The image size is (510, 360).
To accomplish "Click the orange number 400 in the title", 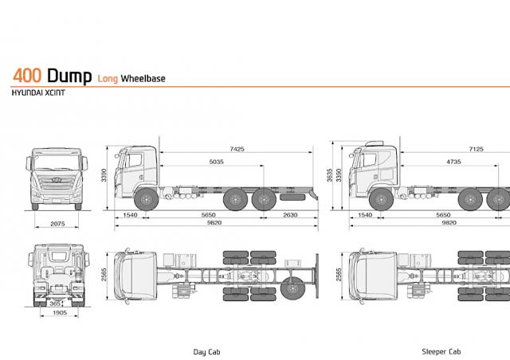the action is [27, 76].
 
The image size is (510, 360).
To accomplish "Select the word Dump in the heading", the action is [69, 76].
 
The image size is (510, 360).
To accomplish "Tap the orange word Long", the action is [108, 79].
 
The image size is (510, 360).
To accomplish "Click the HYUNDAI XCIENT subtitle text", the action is [38, 92].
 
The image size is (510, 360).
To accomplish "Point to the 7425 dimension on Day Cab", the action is [237, 149].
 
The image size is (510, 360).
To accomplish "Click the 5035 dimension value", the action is [216, 162].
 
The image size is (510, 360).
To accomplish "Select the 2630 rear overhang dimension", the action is [290, 215].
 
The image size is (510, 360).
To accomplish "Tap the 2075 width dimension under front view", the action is [57, 224].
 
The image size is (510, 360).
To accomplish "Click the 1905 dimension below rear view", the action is [60, 312].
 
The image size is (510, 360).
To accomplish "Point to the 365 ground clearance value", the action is [55, 303].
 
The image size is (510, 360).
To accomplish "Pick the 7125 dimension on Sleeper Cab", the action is [477, 149].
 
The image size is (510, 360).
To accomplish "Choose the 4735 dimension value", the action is [453, 162].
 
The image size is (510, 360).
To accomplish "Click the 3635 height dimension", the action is [330, 175].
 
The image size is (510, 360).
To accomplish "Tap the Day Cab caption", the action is [207, 352].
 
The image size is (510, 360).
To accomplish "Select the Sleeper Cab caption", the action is [441, 351].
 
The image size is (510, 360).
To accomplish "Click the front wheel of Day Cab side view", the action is [147, 199].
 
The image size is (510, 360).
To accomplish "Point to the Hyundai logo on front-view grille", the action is [57, 179].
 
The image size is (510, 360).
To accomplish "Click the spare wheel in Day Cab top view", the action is [292, 289].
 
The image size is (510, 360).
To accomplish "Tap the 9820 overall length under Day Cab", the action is [214, 223].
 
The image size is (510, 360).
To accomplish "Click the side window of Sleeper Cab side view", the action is [370, 160].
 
